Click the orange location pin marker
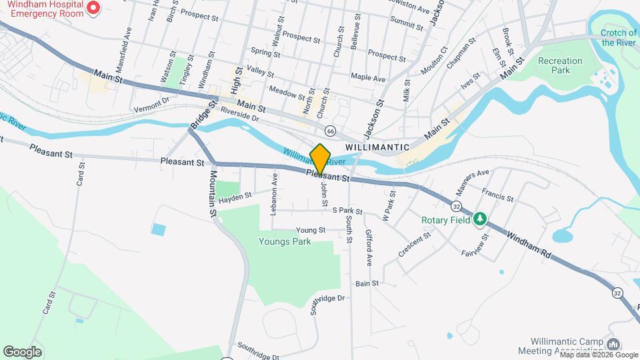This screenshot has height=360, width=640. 321,159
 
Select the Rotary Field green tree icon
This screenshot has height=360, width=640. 479,219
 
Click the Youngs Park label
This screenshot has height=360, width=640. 285,242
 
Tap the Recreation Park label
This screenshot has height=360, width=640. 560,65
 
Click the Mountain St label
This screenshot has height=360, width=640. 214,193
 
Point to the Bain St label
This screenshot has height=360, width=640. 367,283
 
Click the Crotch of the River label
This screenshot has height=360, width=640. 619,37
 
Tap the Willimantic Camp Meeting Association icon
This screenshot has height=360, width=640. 613,344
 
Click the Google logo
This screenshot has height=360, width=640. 22,351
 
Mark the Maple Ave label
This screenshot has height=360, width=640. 368,78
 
